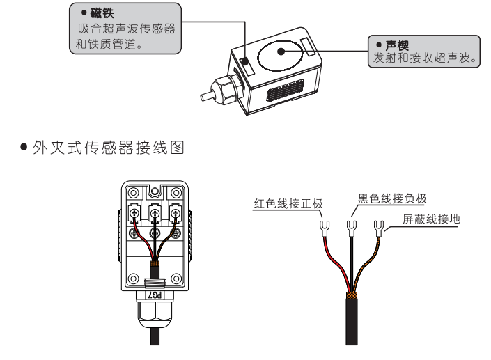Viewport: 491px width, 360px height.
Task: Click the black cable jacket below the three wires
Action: pos(352,320)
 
